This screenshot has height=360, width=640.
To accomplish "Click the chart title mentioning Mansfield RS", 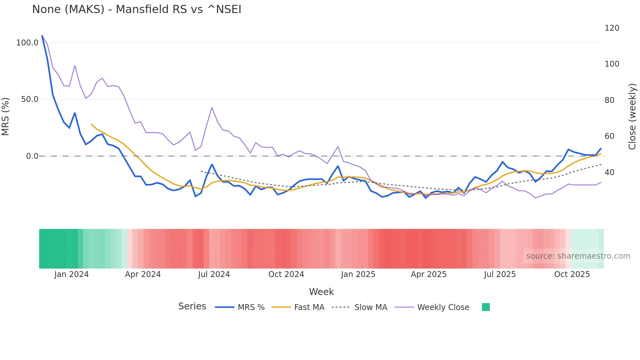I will point(136,9).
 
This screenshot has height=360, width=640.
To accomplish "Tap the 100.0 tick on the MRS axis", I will point(27,43).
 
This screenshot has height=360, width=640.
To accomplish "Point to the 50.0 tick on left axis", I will point(30,99).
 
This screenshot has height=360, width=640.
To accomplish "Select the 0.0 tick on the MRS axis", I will point(32,156).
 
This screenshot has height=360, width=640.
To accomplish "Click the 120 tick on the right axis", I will point(612,28).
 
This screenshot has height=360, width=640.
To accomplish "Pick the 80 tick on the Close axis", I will point(609,100).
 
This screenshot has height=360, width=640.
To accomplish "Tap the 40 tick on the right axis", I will point(609,172).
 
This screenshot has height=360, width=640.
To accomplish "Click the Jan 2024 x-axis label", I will point(72,274).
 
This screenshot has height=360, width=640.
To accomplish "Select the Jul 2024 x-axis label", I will point(214,274).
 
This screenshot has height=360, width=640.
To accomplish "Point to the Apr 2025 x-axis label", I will point(428,274).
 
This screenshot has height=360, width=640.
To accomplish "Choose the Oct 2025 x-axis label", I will point(572,274).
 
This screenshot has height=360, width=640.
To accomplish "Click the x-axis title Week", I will point(321,292).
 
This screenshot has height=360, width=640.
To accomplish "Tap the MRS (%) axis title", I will point(6,116).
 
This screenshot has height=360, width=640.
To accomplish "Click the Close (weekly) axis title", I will point(632,117).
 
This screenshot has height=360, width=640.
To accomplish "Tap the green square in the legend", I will point(486,307).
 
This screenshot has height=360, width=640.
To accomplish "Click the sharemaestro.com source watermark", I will point(578,256).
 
